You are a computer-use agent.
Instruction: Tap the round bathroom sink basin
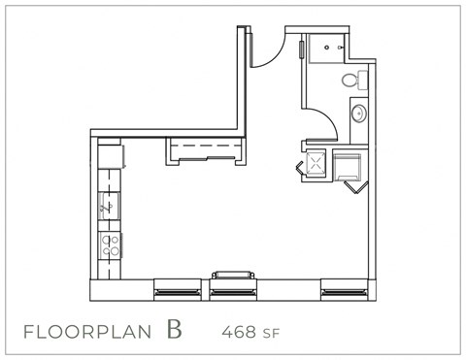(x=356, y=114)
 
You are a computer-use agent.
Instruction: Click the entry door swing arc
(x=267, y=53)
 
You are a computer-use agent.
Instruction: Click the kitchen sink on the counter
(x=110, y=205)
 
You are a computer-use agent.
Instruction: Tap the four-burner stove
(x=110, y=244)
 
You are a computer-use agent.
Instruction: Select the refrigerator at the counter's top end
(x=110, y=154)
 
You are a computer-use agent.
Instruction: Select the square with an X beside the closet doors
(x=316, y=163)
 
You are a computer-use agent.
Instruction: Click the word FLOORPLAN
(x=87, y=331)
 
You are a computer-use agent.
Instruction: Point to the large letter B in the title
(x=174, y=329)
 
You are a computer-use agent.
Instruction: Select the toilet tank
(x=361, y=79)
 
